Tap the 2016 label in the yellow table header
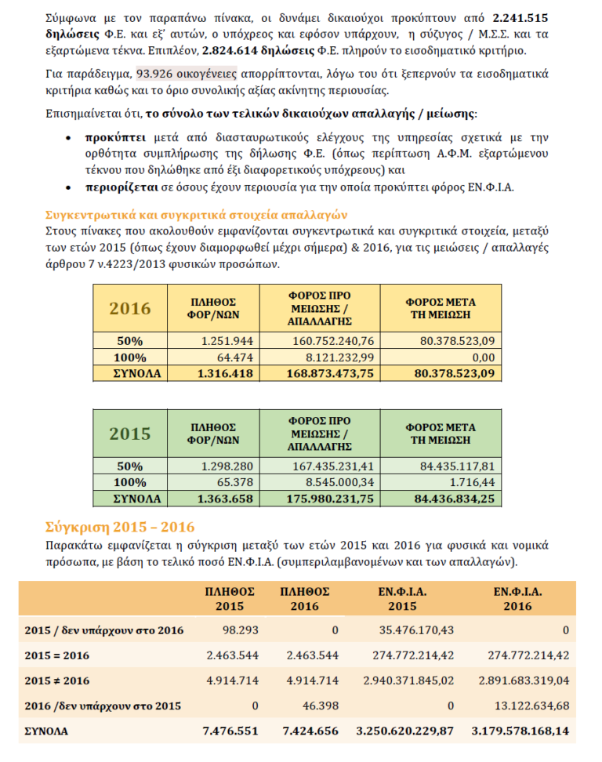pos(129,307)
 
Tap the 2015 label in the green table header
pos(129,434)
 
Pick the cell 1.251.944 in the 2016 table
pos(227,341)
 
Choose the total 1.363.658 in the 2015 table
pos(226,499)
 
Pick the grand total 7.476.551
pos(230,731)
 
